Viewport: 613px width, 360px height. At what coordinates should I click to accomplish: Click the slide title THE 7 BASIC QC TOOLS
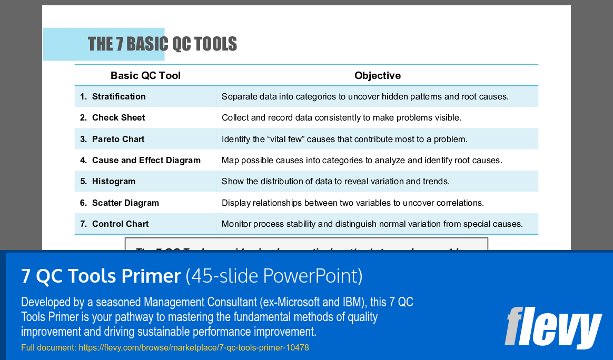point(162,44)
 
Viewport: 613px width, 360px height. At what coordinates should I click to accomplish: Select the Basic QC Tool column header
point(145,76)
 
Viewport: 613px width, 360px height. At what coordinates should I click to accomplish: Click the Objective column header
point(377,76)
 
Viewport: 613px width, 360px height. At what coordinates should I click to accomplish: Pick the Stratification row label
point(118,97)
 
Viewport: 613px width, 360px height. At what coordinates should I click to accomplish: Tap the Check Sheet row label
point(118,118)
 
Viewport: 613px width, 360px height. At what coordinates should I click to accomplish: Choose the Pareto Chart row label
point(118,139)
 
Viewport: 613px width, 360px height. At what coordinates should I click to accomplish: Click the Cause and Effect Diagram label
point(146,161)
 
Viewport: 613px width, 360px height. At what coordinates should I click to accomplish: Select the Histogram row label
point(113,182)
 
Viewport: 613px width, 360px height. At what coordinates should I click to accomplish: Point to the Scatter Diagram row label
point(125,203)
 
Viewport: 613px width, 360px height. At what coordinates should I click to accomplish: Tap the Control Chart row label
point(120,224)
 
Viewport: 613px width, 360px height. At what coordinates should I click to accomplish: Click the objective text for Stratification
point(364,97)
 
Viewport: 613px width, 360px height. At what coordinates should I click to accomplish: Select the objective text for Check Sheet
point(341,118)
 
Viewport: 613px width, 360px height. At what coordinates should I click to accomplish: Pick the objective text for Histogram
point(335,182)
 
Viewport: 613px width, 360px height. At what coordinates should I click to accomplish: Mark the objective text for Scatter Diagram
point(352,203)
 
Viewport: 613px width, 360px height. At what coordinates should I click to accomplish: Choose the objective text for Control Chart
point(372,224)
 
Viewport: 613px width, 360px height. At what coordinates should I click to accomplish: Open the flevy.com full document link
point(193,348)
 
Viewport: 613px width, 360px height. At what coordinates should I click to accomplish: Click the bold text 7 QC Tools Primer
point(101,276)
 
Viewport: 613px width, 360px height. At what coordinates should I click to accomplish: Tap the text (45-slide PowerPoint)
point(274,276)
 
